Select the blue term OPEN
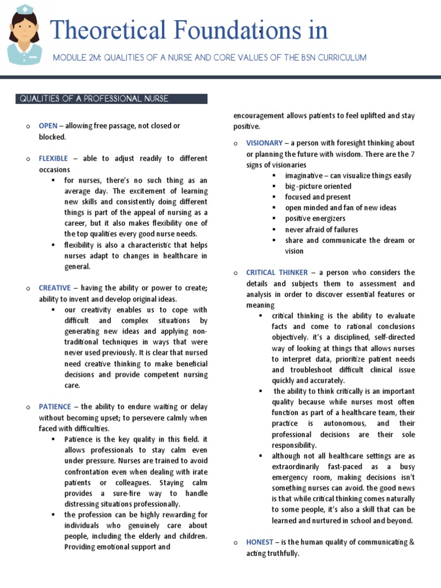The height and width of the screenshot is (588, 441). [48, 126]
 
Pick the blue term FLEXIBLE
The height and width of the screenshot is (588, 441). [53, 158]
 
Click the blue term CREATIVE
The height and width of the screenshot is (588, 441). [55, 288]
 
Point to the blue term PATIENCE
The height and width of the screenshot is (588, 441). [55, 407]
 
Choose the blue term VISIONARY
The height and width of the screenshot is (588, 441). [264, 143]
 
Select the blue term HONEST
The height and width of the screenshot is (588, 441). [260, 543]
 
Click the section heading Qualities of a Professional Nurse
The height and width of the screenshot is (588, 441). [94, 99]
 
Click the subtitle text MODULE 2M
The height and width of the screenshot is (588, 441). [76, 58]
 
